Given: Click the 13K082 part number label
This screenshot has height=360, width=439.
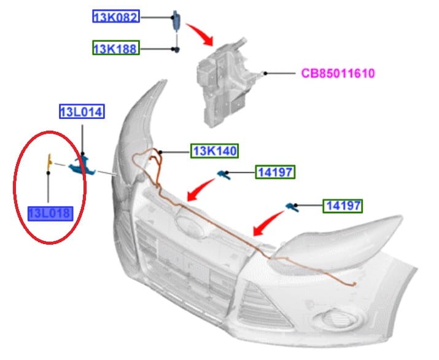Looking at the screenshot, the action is [116, 17].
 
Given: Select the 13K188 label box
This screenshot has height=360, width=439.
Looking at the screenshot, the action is [116, 48].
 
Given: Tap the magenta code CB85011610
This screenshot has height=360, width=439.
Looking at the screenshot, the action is [338, 74].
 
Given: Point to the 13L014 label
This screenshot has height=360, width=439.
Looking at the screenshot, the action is [82, 112].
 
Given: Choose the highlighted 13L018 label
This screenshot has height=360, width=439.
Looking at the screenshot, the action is [50, 213].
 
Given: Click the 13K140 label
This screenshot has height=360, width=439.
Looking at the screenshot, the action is [215, 151].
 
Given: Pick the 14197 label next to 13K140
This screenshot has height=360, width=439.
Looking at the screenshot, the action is [275, 172].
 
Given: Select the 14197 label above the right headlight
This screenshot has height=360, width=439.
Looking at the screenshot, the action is [343, 206].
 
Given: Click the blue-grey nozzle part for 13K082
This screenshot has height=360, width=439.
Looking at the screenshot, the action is [176, 20].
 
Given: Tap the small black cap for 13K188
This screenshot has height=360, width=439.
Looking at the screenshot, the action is [177, 50].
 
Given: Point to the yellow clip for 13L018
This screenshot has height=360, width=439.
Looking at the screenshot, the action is [50, 161].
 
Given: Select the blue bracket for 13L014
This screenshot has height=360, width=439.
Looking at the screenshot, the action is [82, 166].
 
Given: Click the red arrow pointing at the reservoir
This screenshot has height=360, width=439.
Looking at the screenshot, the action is [201, 34].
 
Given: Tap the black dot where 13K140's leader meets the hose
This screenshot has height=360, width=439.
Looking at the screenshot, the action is [160, 153].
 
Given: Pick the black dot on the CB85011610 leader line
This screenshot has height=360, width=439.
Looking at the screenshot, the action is [265, 73].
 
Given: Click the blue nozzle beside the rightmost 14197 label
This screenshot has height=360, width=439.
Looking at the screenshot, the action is [292, 207].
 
